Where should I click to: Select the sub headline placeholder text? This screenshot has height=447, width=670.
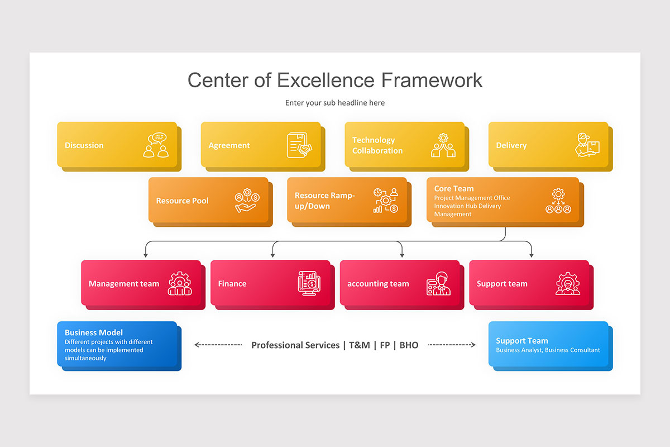tap(335, 103)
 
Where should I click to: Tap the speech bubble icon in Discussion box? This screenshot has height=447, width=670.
tap(156, 145)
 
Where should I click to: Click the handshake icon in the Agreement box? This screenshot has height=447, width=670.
tap(300, 145)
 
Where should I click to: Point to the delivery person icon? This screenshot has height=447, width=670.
tap(587, 145)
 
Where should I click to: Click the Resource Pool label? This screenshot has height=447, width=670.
tap(182, 201)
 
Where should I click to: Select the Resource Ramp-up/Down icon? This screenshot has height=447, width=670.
tap(386, 201)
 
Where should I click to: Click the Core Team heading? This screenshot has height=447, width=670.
tap(454, 189)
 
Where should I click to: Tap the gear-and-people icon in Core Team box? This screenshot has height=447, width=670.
tap(558, 201)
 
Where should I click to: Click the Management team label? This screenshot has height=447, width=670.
tap(124, 284)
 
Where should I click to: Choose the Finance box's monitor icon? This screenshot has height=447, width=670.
tap(308, 283)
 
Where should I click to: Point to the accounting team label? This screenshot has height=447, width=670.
tap(378, 284)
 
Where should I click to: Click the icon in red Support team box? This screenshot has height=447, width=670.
tap(568, 283)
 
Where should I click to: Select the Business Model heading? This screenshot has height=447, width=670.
tap(94, 332)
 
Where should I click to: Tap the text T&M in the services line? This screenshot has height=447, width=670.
tap(360, 345)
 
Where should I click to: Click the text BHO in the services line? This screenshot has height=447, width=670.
tap(409, 345)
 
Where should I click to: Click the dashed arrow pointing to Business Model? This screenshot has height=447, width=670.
tap(218, 345)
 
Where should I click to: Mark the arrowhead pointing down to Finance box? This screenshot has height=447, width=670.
tap(273, 255)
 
